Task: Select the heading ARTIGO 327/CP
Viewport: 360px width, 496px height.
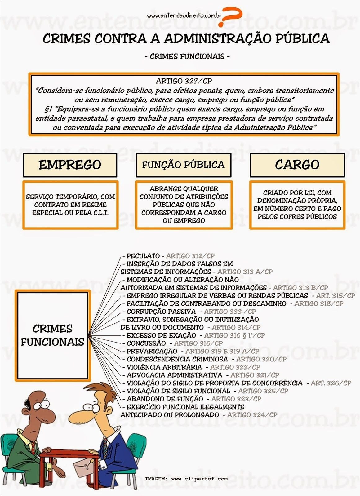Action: tap(184, 81)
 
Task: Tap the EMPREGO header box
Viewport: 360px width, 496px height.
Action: tap(70, 165)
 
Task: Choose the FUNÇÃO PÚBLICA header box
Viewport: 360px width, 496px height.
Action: tap(183, 165)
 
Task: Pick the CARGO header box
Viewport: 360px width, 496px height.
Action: tap(297, 165)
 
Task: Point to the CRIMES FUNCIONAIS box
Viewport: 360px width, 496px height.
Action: tap(52, 335)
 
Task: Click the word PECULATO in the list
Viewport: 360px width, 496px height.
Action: tap(143, 256)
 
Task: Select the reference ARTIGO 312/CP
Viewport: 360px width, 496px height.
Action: tap(190, 256)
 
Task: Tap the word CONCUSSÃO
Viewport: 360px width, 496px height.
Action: tap(146, 343)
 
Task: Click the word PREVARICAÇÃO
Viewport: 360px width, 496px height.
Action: tap(152, 352)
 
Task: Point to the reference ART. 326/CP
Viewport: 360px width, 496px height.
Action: tap(331, 383)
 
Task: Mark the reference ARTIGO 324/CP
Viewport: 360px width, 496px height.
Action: tap(252, 415)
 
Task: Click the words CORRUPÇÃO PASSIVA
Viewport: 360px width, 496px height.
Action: tap(161, 312)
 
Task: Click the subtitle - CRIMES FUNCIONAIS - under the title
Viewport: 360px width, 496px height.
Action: tap(187, 56)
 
